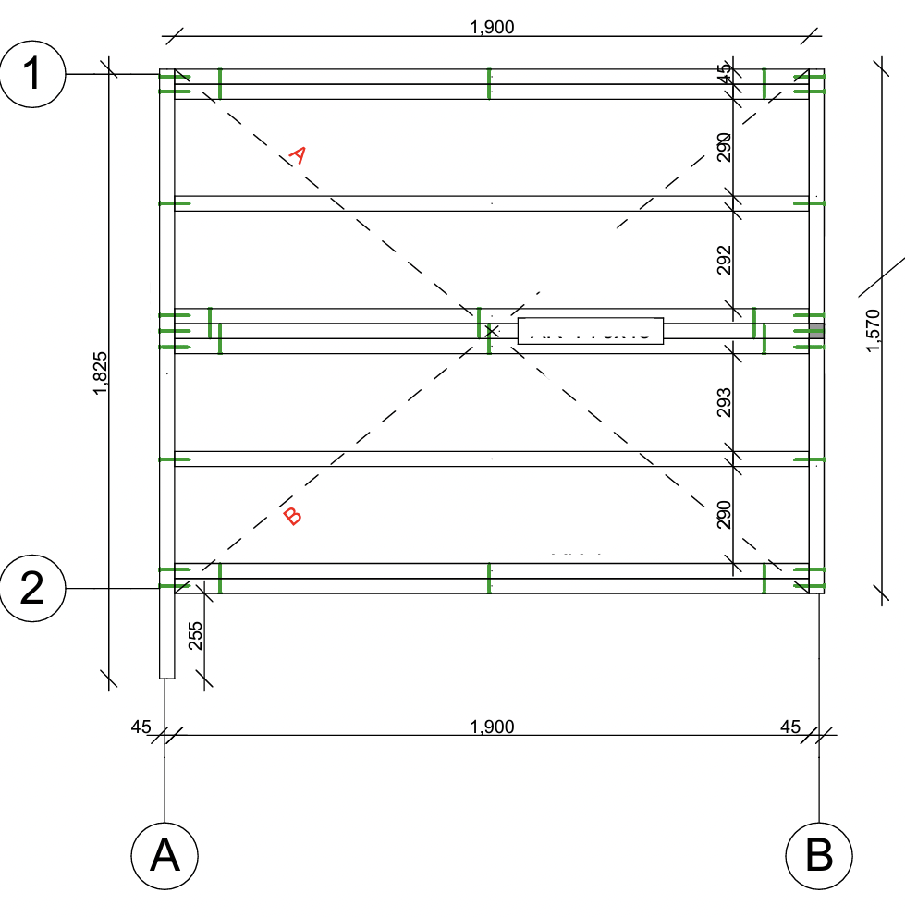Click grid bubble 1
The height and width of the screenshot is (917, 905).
pyautogui.click(x=32, y=74)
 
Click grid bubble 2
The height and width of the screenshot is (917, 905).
pyautogui.click(x=32, y=589)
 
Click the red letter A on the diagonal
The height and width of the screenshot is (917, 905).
pyautogui.click(x=296, y=155)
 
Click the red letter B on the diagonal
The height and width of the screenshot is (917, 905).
pyautogui.click(x=292, y=516)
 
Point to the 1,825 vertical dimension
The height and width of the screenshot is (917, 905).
pyautogui.click(x=101, y=373)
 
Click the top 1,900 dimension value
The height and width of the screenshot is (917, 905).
pyautogui.click(x=492, y=27)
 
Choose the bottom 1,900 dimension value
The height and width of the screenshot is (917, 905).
pyautogui.click(x=492, y=727)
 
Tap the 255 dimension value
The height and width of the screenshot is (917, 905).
pyautogui.click(x=195, y=635)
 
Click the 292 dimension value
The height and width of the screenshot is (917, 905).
pyautogui.click(x=724, y=261)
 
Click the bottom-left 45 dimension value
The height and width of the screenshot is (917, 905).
pyautogui.click(x=141, y=727)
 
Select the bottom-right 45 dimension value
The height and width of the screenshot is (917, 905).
pyautogui.click(x=790, y=727)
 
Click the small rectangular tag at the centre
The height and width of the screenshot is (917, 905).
pyautogui.click(x=591, y=331)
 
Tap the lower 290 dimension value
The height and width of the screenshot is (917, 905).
pyautogui.click(x=724, y=514)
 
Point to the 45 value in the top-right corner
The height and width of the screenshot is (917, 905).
pyautogui.click(x=724, y=68)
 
